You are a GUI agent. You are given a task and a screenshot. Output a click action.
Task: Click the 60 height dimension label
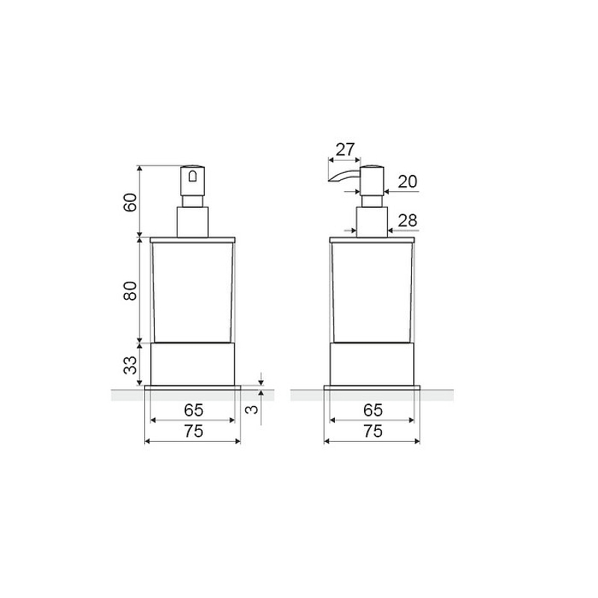130,203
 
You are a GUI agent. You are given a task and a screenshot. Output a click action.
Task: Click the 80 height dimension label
130,291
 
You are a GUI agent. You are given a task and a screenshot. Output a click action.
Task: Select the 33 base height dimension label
130,366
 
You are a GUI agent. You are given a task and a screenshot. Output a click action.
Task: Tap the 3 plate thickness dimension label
252,410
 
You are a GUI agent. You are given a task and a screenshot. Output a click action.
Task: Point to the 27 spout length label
345,149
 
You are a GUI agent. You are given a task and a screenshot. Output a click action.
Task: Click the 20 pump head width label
407,182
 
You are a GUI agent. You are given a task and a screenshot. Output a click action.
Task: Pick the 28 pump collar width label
407,221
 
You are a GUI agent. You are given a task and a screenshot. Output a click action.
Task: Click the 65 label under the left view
194,410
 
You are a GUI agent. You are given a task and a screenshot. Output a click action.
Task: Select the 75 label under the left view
194,431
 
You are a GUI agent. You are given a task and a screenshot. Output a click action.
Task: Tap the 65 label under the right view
372,410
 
